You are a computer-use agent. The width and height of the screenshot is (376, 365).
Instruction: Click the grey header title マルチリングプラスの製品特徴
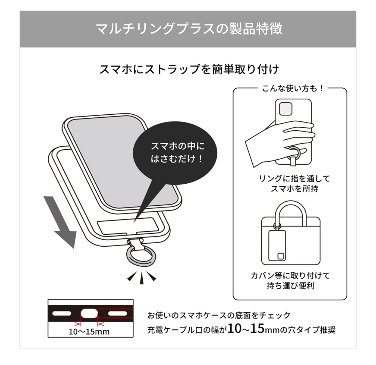coord(189,29)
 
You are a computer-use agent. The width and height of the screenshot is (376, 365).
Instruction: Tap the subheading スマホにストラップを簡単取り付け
coord(189,70)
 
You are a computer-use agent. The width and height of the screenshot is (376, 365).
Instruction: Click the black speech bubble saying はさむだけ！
coord(175,152)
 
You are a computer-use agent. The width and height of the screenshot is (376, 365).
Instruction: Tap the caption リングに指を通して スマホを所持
coord(290,183)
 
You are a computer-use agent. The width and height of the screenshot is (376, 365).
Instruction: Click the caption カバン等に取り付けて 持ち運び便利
coord(290,281)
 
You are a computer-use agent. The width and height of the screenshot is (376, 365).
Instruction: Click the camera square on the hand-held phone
coord(286,108)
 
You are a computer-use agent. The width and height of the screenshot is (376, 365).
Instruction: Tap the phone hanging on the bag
coord(277,242)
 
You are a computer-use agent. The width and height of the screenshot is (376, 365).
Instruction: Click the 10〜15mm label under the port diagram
coord(89,332)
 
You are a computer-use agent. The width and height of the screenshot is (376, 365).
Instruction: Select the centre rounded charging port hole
coord(89,314)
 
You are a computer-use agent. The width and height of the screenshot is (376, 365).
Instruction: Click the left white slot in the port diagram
coord(62,314)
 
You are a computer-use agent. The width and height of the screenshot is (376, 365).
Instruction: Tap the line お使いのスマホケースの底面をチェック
coord(219,315)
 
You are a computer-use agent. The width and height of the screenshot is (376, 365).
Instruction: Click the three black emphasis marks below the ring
coord(142,277)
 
